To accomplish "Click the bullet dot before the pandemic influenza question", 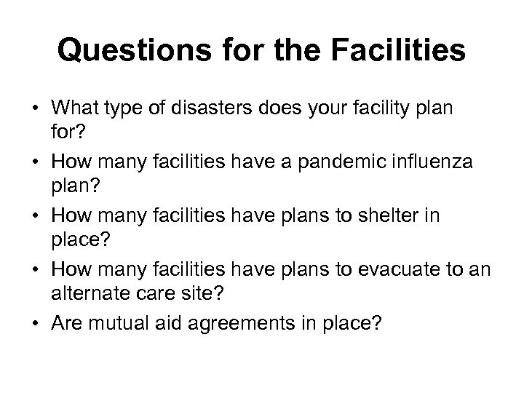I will pos(35,162).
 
